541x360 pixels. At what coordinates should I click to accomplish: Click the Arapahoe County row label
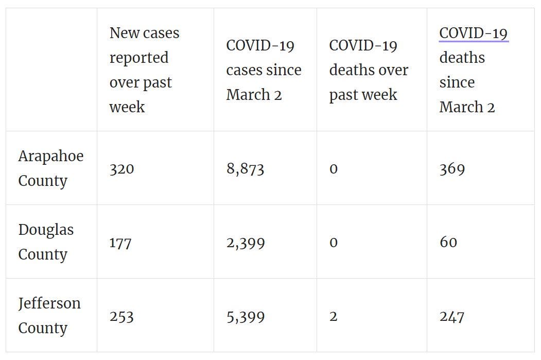pos(51,168)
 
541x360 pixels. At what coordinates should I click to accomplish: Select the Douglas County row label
pos(46,242)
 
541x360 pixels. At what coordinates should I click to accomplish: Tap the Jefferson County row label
pos(49,316)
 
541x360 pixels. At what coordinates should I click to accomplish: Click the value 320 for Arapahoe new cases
pos(121,169)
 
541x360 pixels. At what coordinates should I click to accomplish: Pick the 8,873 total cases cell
pos(246,169)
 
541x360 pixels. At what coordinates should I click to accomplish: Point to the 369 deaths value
pos(452,169)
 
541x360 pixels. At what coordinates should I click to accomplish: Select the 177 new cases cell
pos(120,243)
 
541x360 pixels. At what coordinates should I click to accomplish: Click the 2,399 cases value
pos(246,243)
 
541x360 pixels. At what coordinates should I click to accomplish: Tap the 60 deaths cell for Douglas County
pos(448,242)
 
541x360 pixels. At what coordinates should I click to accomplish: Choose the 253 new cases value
pos(121,317)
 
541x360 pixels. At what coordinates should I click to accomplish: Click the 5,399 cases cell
pos(246,317)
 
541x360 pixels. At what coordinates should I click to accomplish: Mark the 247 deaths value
pos(452,317)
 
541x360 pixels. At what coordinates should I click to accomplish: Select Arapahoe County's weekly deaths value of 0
pos(333,169)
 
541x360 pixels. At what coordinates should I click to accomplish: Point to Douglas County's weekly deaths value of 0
pos(333,243)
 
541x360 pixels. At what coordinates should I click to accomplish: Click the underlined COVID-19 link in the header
pos(474,33)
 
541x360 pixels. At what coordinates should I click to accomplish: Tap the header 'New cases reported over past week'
pos(144,70)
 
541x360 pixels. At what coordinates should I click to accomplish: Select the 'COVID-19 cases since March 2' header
pos(264,70)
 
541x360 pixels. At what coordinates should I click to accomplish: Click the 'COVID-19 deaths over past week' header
pos(369,70)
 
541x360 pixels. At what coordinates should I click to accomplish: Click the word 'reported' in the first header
pos(139,58)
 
